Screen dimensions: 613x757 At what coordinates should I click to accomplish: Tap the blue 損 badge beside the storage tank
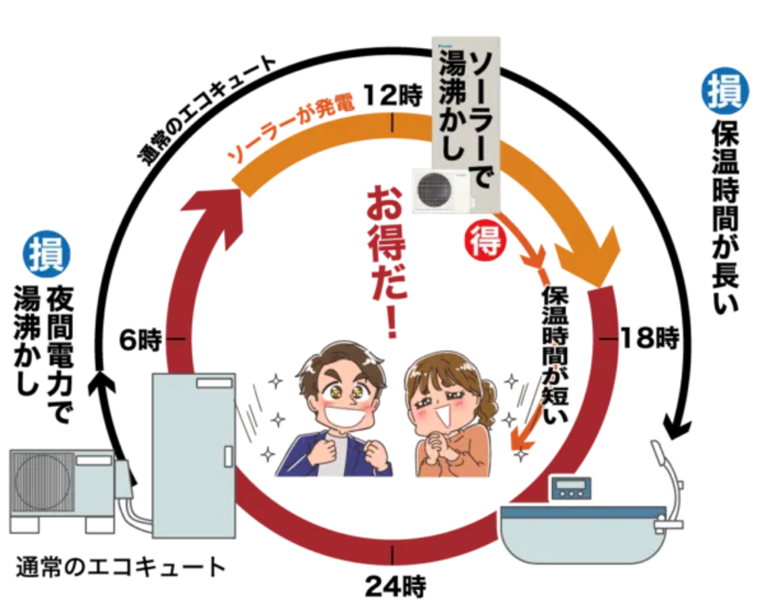pyautogui.click(x=46, y=254)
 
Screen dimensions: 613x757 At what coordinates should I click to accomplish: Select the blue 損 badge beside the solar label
pyautogui.click(x=725, y=91)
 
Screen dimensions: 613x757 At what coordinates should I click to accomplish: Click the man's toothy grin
pyautogui.click(x=347, y=412)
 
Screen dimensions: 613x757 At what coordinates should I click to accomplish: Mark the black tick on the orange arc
pyautogui.click(x=393, y=122)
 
